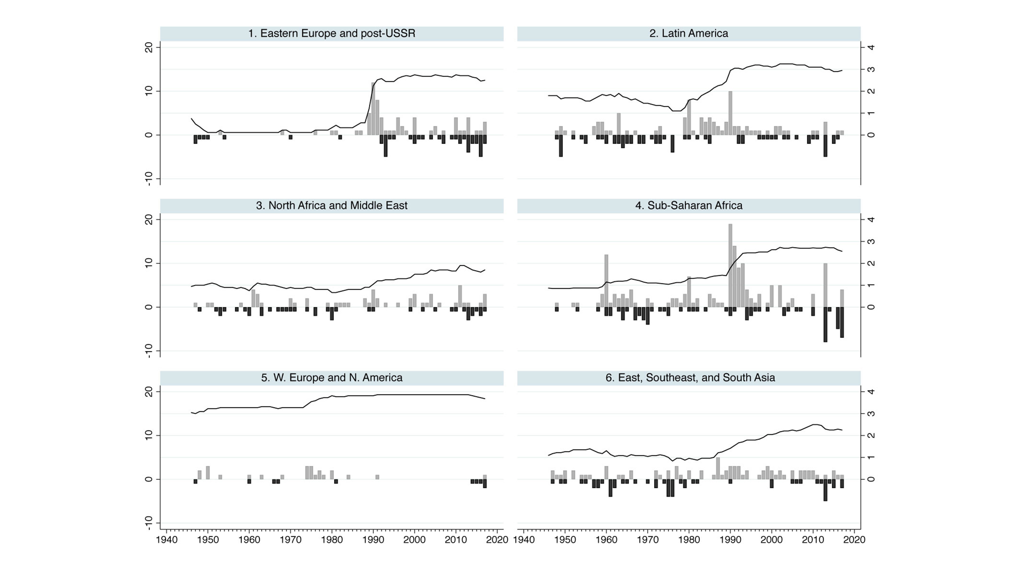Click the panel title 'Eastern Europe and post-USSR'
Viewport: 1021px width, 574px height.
(332, 33)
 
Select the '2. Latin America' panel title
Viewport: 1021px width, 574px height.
(688, 33)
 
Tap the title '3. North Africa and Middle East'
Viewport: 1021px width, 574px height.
(332, 206)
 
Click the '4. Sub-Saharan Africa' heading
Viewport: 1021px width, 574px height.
(688, 206)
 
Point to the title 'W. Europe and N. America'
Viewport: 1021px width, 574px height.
(332, 377)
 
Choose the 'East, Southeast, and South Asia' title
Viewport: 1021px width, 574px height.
(690, 377)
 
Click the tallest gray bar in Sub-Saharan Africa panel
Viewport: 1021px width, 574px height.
(730, 265)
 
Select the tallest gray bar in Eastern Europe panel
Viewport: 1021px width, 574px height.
(373, 109)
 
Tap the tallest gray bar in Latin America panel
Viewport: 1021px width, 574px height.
(730, 113)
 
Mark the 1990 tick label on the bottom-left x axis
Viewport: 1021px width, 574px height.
(373, 540)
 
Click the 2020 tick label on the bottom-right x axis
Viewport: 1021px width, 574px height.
(854, 540)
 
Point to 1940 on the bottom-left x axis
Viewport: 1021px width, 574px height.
(167, 540)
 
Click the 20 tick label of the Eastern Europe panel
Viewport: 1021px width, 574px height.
(149, 48)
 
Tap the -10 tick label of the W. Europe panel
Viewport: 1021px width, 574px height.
(149, 523)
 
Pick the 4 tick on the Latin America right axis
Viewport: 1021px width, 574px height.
(871, 48)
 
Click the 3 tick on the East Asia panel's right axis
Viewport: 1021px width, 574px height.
(871, 414)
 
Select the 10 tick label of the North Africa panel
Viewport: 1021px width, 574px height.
(149, 263)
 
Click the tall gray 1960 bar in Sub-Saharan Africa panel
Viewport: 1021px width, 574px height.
(606, 281)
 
